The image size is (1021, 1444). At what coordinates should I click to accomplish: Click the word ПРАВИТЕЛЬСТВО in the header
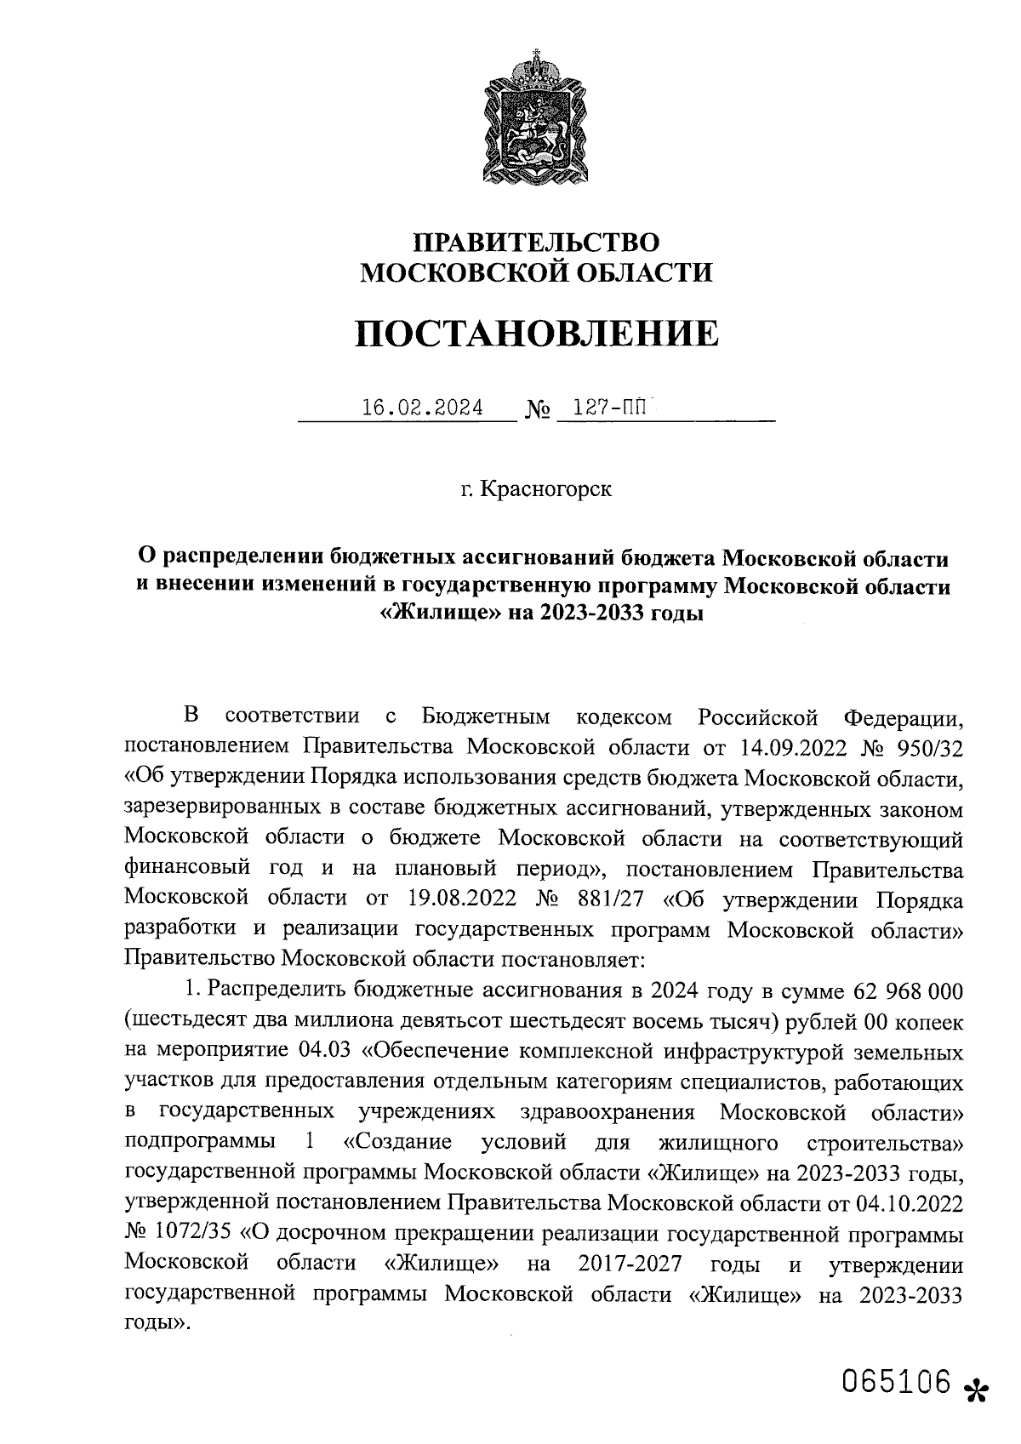pyautogui.click(x=535, y=243)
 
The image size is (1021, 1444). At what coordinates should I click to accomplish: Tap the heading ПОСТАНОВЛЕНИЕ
pyautogui.click(x=535, y=334)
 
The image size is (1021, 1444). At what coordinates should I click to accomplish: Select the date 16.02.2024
pyautogui.click(x=422, y=408)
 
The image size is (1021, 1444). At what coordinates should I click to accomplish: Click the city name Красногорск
pyautogui.click(x=545, y=490)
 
